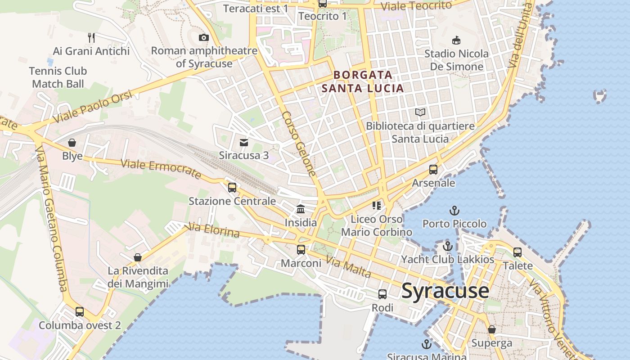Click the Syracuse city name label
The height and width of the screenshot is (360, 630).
445,291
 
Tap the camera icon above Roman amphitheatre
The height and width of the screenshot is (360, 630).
204,37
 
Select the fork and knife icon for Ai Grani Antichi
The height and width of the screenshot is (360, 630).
91,37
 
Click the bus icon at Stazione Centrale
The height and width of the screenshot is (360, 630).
232,187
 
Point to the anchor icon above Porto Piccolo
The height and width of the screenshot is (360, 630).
454,210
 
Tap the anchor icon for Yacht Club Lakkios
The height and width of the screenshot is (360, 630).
447,246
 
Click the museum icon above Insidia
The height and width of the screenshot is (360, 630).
301,209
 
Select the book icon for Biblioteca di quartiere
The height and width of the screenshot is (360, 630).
420,112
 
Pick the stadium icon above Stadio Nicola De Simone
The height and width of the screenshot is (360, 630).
456,40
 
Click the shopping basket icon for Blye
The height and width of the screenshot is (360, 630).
72,143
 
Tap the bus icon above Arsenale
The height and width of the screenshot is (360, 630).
433,170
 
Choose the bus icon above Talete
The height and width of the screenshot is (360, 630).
517,252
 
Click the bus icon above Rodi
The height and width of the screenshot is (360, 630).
382,294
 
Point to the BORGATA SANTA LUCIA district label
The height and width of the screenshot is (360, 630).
363,81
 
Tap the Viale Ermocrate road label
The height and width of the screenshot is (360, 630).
161,169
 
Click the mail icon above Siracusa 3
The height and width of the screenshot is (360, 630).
244,143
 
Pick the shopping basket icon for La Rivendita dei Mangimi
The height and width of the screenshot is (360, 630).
138,257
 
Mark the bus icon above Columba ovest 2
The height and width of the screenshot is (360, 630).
80,311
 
